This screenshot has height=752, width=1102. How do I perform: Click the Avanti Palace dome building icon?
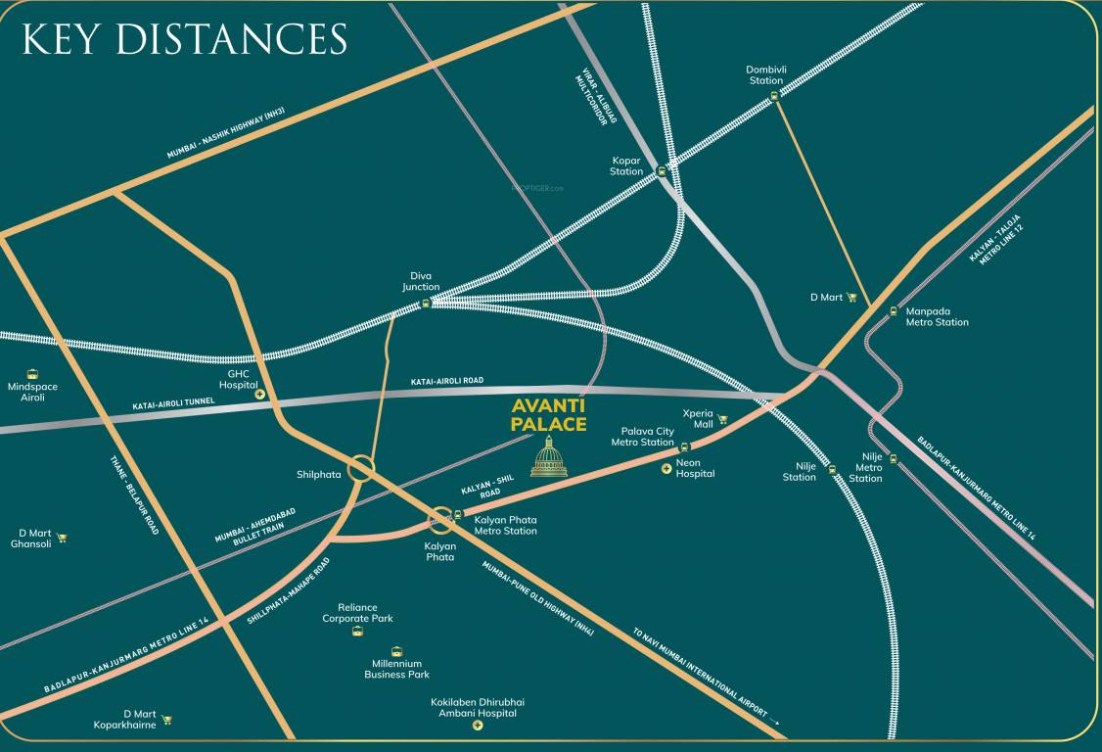click(549, 457)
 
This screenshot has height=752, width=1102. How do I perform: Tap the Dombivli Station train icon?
click(774, 95)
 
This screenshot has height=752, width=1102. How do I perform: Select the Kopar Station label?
click(626, 165)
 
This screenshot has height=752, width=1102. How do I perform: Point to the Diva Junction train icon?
click(426, 304)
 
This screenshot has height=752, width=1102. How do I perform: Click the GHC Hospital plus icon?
click(260, 394)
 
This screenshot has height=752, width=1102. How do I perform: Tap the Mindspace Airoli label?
click(32, 392)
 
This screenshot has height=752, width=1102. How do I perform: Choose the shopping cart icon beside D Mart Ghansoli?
click(62, 538)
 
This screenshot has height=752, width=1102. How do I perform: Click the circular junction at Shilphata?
click(360, 469)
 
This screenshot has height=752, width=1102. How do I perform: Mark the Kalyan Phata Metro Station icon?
click(458, 514)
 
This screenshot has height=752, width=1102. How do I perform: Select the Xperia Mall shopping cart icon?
click(723, 419)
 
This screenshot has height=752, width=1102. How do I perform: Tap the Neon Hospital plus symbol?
click(666, 469)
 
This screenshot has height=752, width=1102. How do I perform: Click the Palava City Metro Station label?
click(643, 437)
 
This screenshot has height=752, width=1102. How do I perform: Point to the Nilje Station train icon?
click(833, 470)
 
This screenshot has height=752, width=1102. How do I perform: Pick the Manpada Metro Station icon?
click(894, 311)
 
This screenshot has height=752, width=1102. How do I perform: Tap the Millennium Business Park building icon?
click(396, 651)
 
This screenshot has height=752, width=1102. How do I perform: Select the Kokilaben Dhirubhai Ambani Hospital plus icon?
click(478, 727)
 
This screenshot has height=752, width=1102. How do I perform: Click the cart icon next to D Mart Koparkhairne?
click(166, 720)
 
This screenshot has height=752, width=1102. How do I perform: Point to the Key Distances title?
click(184, 39)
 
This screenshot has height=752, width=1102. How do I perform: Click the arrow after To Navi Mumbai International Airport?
click(776, 722)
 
